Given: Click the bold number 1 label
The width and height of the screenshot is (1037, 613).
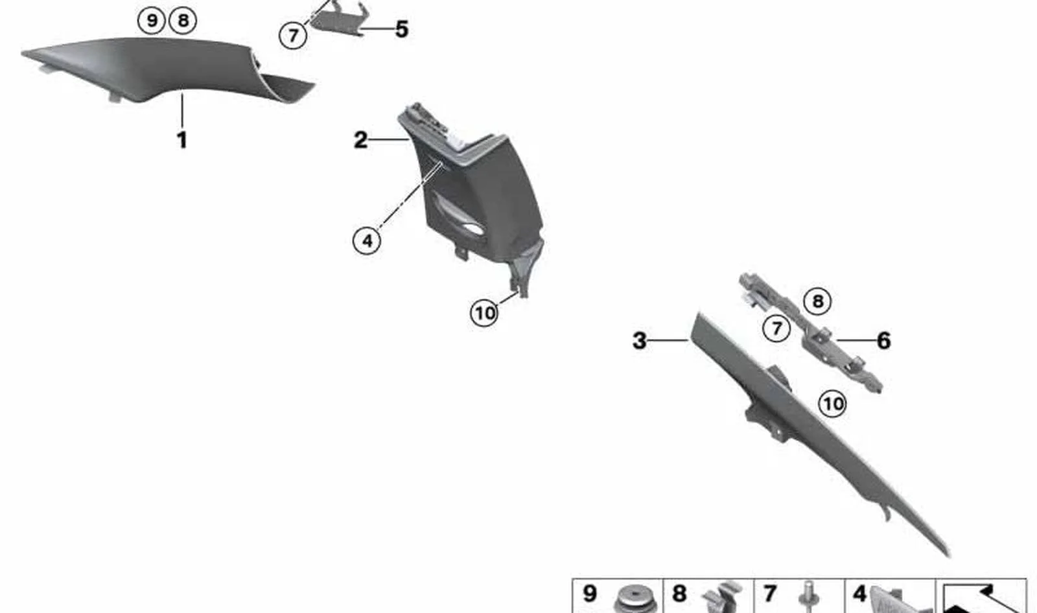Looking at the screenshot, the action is pyautogui.click(x=182, y=140).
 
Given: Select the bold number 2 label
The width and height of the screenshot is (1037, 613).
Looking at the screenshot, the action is pyautogui.click(x=360, y=140).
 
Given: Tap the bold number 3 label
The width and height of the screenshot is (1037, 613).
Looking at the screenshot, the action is pyautogui.click(x=639, y=341).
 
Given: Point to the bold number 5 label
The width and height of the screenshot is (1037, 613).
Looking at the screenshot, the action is pyautogui.click(x=402, y=29).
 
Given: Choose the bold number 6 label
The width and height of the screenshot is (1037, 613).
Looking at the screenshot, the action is pyautogui.click(x=884, y=341).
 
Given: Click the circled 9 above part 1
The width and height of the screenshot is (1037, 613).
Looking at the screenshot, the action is pyautogui.click(x=152, y=21).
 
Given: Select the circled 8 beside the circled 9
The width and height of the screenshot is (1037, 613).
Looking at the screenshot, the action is pyautogui.click(x=183, y=21).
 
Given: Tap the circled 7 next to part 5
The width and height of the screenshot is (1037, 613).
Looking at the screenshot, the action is pyautogui.click(x=292, y=35).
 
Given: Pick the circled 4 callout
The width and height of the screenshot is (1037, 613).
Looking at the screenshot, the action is pyautogui.click(x=367, y=241).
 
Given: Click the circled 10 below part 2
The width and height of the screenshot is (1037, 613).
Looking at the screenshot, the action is pyautogui.click(x=484, y=313).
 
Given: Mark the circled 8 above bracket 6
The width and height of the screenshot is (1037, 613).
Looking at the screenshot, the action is pyautogui.click(x=817, y=301).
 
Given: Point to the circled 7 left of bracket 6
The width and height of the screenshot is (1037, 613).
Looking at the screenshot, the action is pyautogui.click(x=776, y=329).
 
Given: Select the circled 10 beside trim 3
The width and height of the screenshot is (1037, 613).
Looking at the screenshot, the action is pyautogui.click(x=833, y=404).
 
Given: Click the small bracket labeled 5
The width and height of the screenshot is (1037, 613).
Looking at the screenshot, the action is pyautogui.click(x=336, y=19).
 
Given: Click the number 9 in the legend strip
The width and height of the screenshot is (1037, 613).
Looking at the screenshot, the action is pyautogui.click(x=589, y=593).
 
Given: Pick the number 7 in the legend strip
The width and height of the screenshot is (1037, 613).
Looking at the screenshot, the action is pyautogui.click(x=769, y=593).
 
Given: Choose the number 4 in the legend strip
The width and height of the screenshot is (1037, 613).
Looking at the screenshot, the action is pyautogui.click(x=859, y=593).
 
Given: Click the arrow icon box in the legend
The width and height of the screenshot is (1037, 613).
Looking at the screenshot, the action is pyautogui.click(x=981, y=596).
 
